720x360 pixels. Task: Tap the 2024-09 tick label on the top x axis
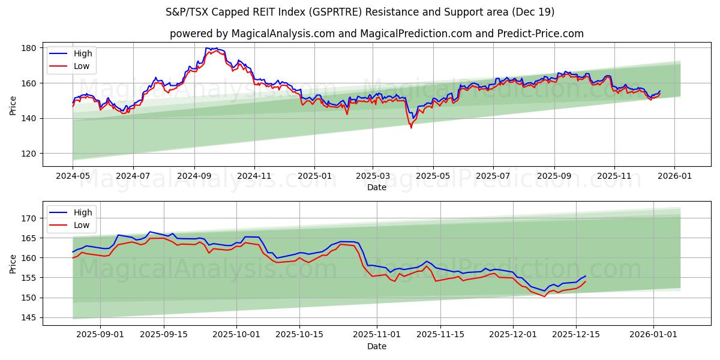(x=194, y=177)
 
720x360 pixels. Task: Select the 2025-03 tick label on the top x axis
(x=373, y=177)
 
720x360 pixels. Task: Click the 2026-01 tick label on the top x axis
(x=674, y=177)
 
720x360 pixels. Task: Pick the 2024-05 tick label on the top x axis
(x=73, y=177)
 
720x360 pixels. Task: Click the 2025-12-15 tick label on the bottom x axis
(x=576, y=334)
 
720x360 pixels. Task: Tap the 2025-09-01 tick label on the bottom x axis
(x=101, y=334)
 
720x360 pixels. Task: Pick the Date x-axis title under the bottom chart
(x=376, y=346)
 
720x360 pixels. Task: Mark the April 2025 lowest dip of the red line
(x=411, y=127)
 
